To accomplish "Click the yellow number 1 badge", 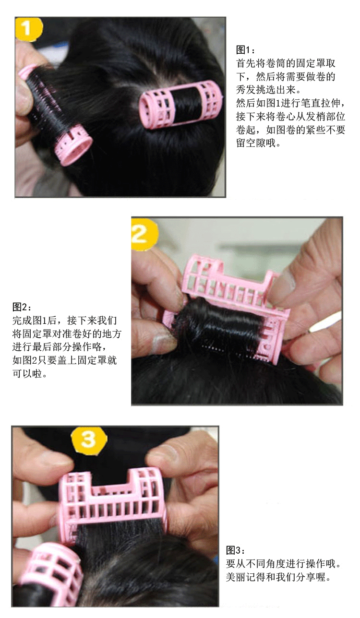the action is click(x=29, y=28).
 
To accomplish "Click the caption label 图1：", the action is click(x=246, y=50).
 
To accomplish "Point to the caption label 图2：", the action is click(x=22, y=307).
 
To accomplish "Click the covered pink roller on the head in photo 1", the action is click(x=181, y=105).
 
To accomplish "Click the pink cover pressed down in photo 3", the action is click(x=113, y=502).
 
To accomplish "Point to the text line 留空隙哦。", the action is click(x=258, y=143).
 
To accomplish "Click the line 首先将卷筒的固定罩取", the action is click(x=286, y=63).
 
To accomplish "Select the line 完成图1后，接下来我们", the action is click(x=65, y=320).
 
